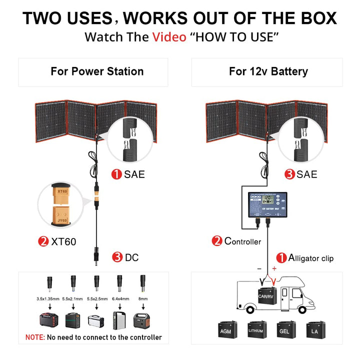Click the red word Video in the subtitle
(x=169, y=37)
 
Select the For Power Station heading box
(x=97, y=71)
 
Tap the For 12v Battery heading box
(x=268, y=71)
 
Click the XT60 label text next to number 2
(x=64, y=241)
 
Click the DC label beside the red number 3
(x=131, y=257)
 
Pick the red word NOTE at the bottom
(x=35, y=337)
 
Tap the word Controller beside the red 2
(x=242, y=241)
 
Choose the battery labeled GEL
(x=284, y=330)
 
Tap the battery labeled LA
(x=314, y=330)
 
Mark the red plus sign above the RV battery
(x=274, y=268)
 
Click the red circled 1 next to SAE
(x=116, y=174)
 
